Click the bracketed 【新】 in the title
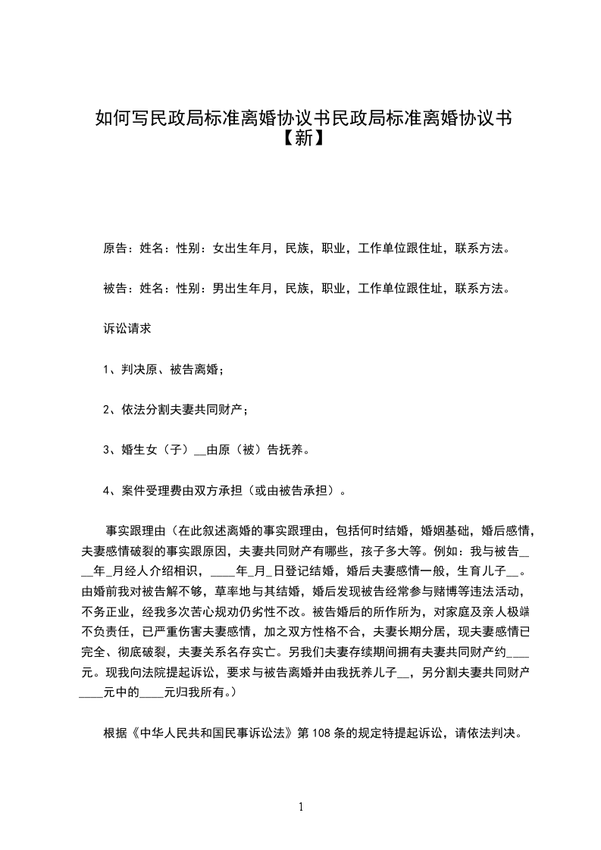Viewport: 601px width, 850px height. pos(301,139)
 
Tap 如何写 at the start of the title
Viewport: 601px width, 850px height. pos(117,118)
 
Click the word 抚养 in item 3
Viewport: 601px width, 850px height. pos(293,450)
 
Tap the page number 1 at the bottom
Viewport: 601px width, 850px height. pos(301,807)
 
